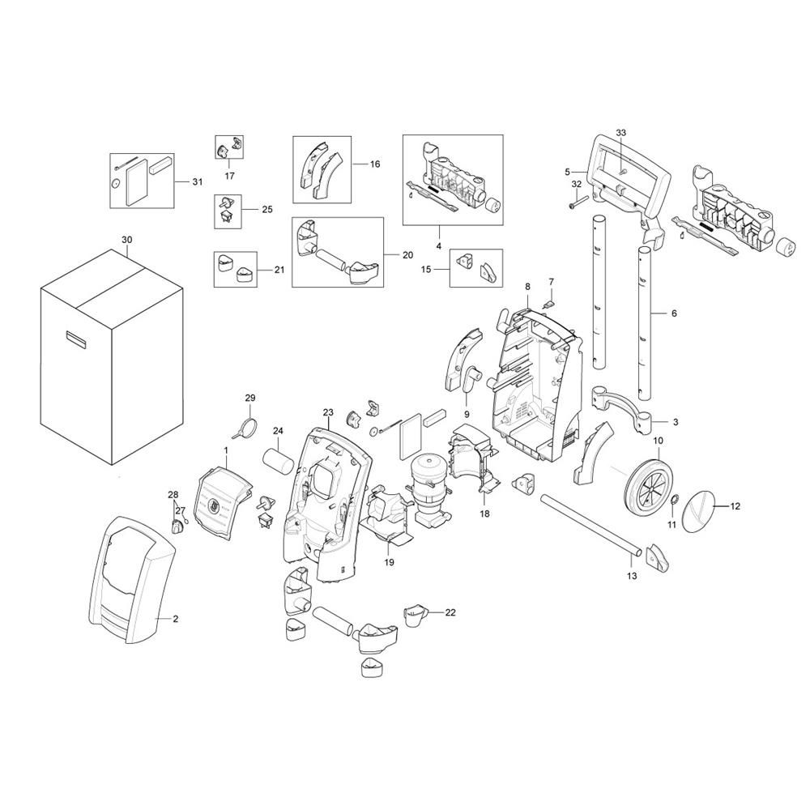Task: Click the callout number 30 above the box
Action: point(126,241)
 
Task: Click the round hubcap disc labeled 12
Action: point(698,511)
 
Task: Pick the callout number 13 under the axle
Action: point(632,575)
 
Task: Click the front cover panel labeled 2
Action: point(134,579)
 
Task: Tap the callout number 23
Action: point(328,412)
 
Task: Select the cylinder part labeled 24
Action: point(279,460)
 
